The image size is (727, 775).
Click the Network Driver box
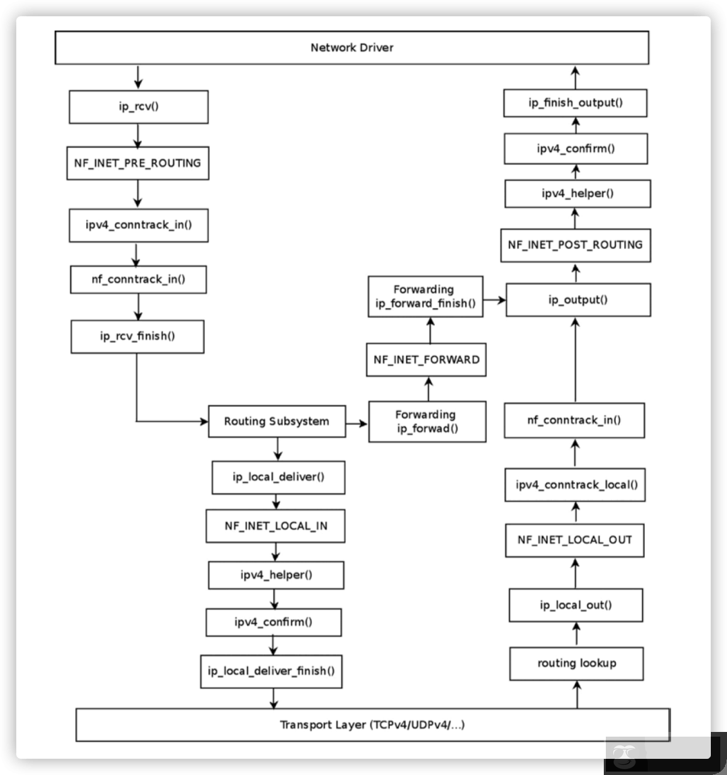[351, 48]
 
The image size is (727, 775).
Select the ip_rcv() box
[139, 107]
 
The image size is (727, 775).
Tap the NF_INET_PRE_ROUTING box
[137, 163]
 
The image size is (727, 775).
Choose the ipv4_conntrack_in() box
[138, 225]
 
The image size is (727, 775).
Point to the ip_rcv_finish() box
[137, 336]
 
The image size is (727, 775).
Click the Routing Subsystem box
[277, 422]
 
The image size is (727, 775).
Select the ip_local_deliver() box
[279, 478]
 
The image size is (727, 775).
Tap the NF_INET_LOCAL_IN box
[276, 525]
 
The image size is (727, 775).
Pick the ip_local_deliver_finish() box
[271, 671]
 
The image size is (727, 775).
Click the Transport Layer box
[373, 725]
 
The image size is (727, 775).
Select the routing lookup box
[576, 663]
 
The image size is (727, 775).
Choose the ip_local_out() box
[576, 605]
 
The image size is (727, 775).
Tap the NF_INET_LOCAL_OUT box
[575, 540]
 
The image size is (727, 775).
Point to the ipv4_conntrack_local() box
[576, 484]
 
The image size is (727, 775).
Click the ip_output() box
[578, 299]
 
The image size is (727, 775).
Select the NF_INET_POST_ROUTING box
[575, 245]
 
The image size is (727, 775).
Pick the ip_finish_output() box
[575, 103]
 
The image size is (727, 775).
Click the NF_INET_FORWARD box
[427, 359]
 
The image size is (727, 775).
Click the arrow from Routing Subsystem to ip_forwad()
[357, 423]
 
